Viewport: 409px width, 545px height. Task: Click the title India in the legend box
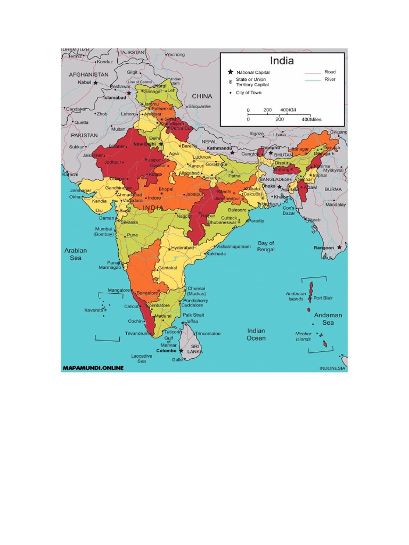point(282,60)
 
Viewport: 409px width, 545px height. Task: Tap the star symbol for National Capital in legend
point(231,72)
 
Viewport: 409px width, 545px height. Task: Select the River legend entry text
point(330,79)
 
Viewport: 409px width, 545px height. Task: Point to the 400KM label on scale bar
point(288,110)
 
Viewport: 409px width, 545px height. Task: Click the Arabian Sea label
point(76,254)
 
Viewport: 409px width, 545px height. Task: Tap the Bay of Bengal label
point(266,246)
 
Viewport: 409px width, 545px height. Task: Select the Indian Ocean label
point(256,334)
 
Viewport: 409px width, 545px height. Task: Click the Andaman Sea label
point(328,318)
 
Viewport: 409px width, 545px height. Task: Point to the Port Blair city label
point(323,298)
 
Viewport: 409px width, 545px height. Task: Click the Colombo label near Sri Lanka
point(167,351)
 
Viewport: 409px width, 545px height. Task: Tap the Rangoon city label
point(323,247)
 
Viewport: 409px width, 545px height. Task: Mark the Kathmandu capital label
point(220,148)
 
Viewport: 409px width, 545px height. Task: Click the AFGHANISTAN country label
point(88,75)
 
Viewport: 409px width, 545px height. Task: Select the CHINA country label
point(202,96)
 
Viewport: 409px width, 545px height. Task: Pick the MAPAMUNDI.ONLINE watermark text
point(93,367)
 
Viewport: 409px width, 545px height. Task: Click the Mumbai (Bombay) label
point(104,232)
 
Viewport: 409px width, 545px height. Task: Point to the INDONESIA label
point(332,368)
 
